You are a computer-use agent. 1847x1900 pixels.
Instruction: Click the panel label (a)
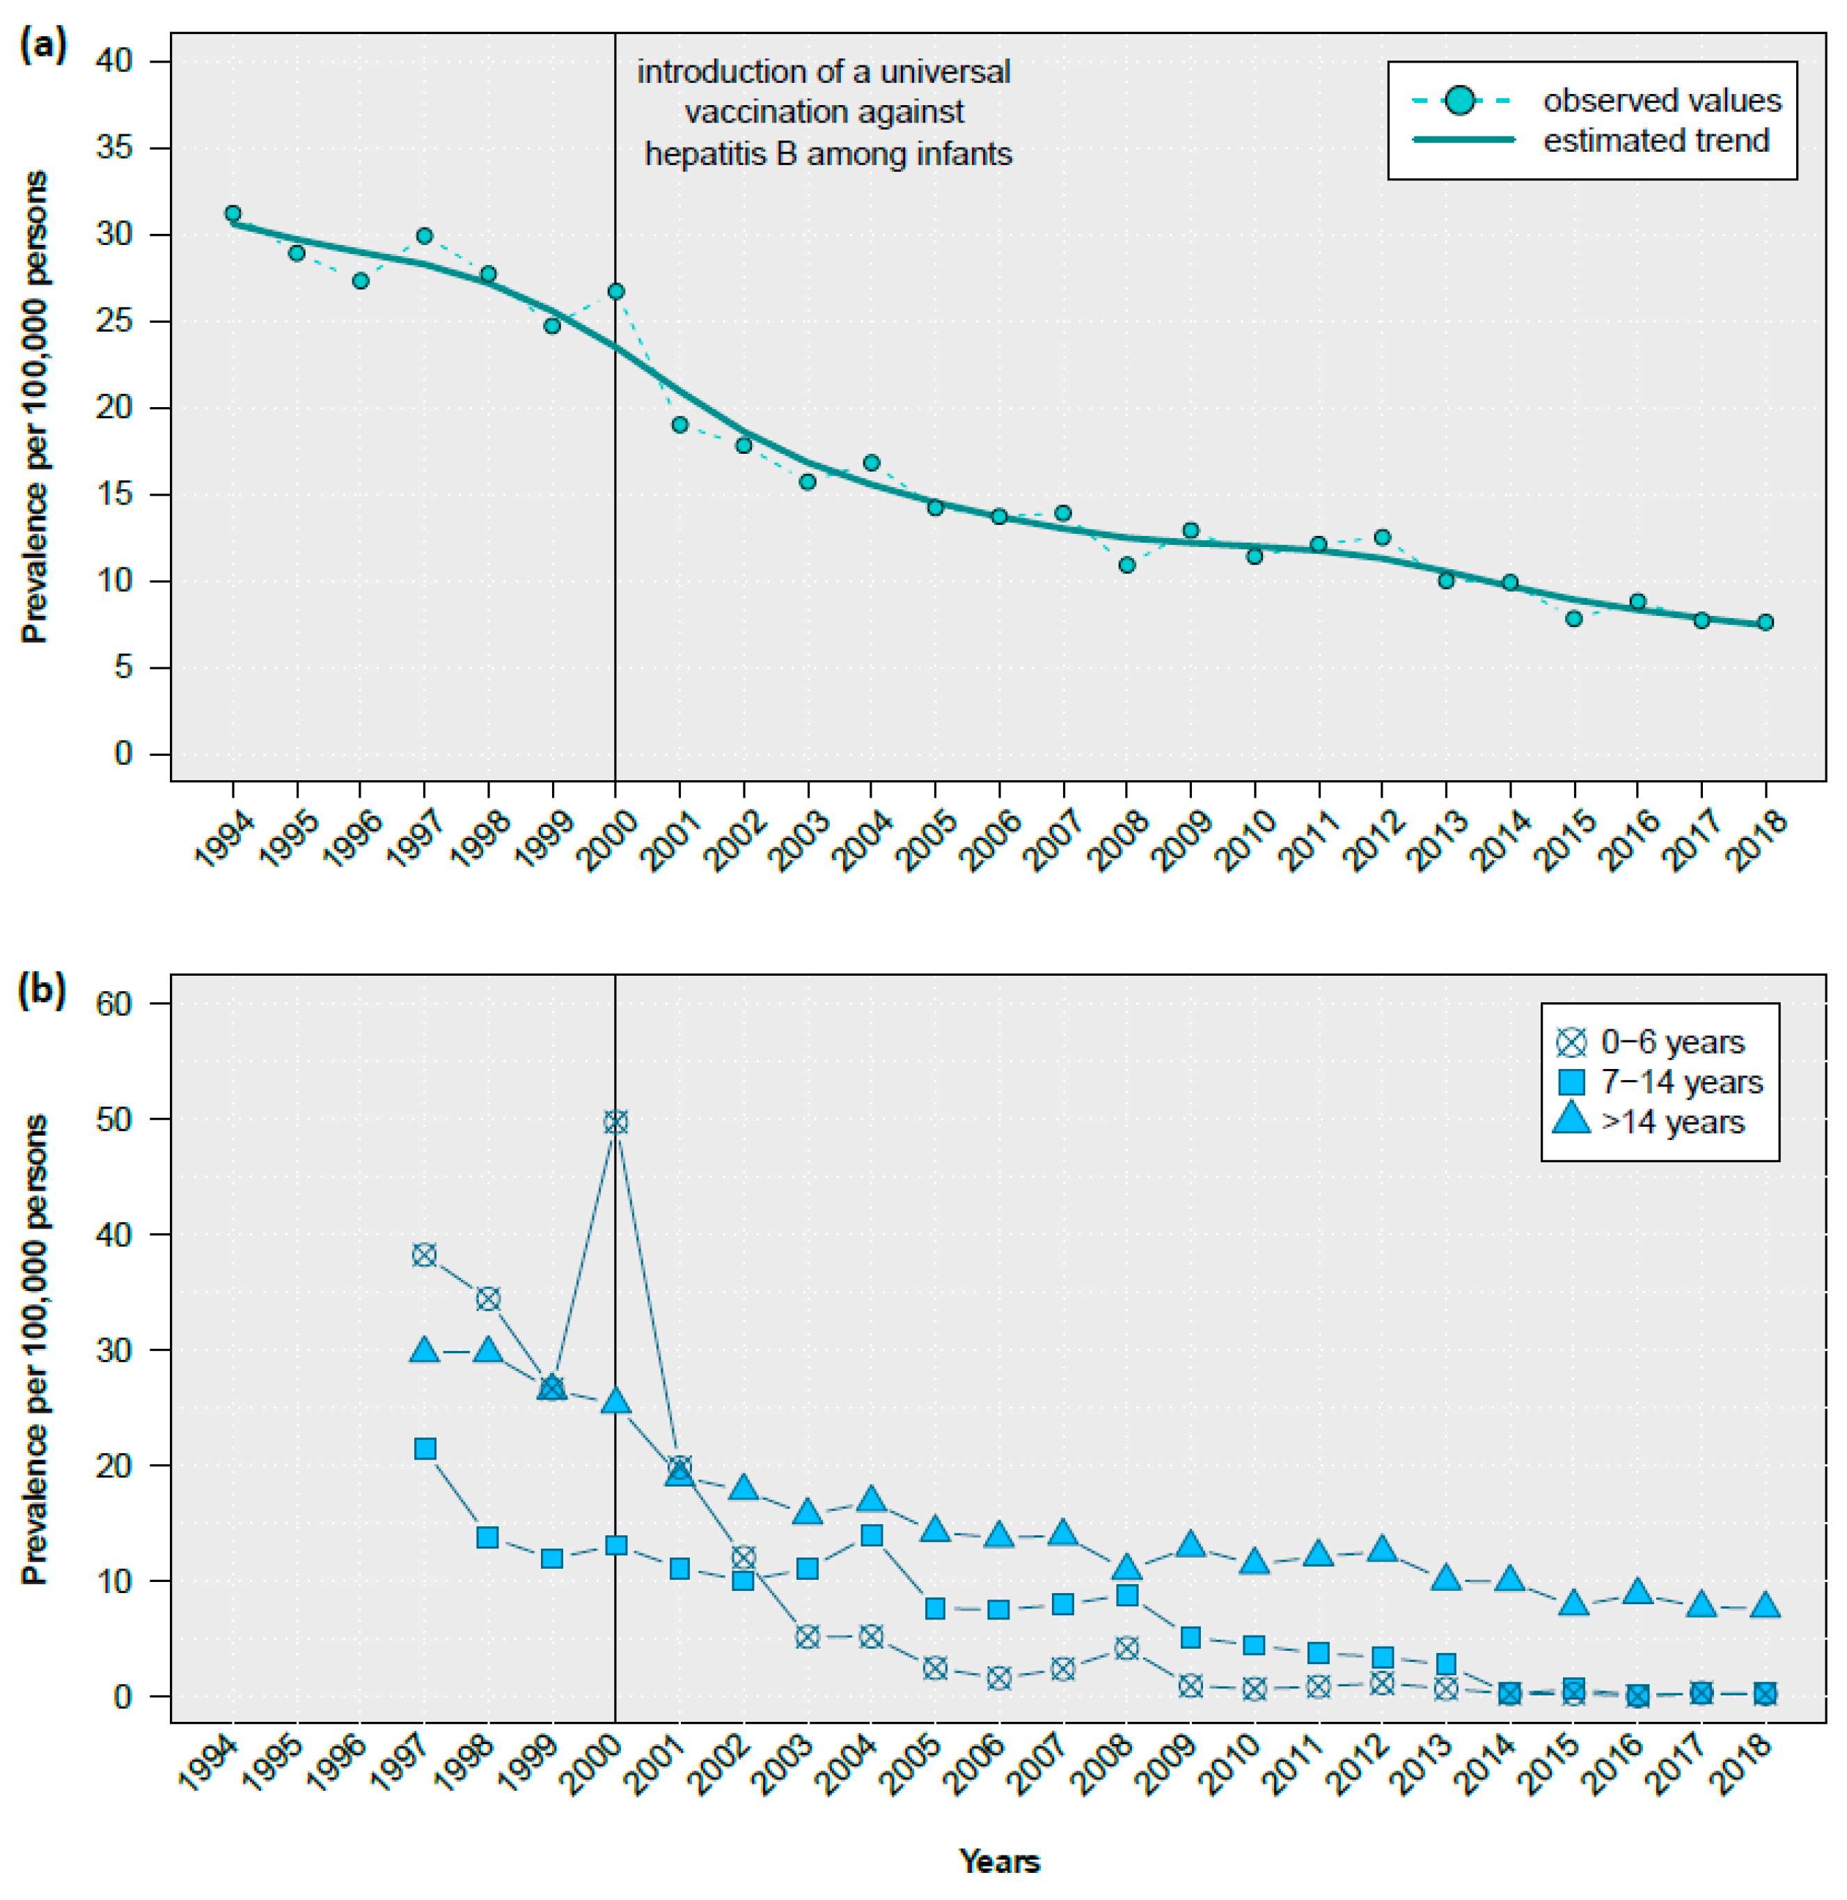42,44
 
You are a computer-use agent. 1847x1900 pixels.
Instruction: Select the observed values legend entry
1660,100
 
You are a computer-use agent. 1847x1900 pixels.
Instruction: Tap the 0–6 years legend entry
1672,1042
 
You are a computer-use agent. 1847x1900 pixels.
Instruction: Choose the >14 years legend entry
1672,1122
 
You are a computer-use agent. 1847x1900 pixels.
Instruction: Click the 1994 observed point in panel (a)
233,214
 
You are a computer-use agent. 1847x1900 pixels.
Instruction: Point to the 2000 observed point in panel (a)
615,291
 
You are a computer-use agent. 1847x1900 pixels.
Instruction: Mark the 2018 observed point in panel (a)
1766,622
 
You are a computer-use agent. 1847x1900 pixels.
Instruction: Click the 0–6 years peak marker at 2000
615,1122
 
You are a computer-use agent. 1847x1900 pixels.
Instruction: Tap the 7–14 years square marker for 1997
425,1449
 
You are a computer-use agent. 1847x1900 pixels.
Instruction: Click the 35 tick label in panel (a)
113,148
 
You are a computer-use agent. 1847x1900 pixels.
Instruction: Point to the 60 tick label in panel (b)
113,1003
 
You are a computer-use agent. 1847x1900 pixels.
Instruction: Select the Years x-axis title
999,1860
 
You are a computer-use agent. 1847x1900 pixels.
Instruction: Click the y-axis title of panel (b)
35,1349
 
